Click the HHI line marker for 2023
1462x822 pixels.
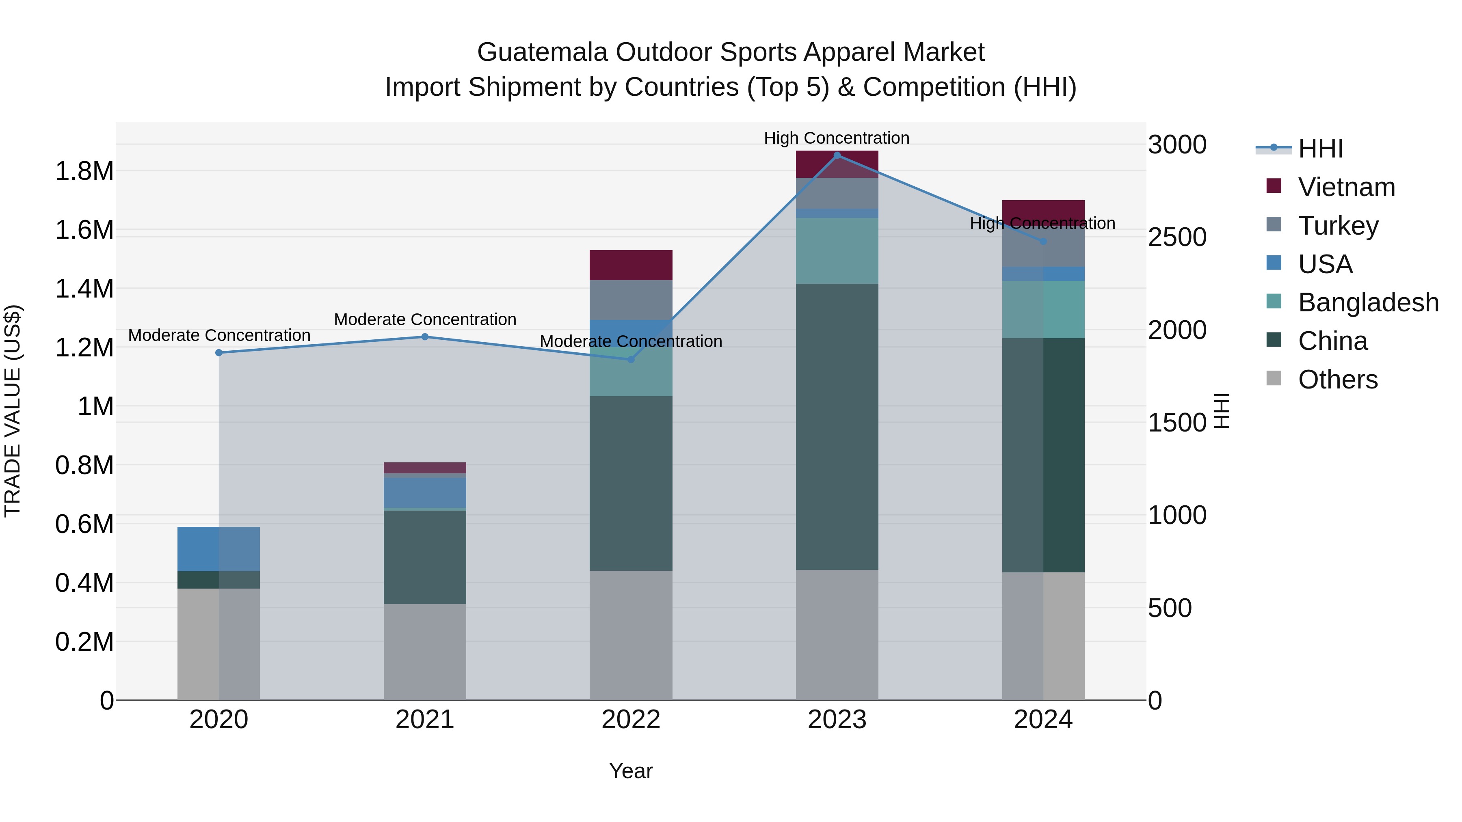[837, 155]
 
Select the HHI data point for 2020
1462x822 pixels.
[219, 353]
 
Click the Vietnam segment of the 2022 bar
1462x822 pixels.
[631, 265]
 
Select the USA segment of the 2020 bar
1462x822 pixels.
[219, 548]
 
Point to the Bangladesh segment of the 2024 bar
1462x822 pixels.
[1043, 309]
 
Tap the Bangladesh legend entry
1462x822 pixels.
[1368, 302]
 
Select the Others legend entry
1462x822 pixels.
[1337, 380]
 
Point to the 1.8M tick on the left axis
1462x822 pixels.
[84, 171]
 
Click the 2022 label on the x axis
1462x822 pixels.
[631, 720]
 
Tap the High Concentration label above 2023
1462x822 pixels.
[837, 138]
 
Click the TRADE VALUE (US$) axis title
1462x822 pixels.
[13, 411]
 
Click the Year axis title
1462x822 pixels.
[631, 771]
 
